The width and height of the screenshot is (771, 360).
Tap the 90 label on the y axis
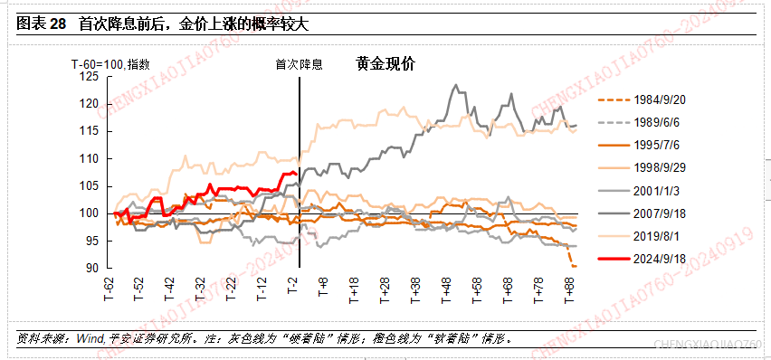coord(93,268)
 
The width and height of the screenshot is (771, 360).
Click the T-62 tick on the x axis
coord(109,290)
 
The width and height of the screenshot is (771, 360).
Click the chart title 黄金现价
coord(385,64)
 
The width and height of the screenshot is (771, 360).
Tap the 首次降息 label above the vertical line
coord(299,65)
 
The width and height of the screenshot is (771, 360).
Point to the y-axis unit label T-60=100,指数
coord(110,64)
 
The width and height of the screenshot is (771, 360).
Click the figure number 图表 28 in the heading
coord(42,24)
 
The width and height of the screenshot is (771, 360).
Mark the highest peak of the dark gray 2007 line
coord(456,85)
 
